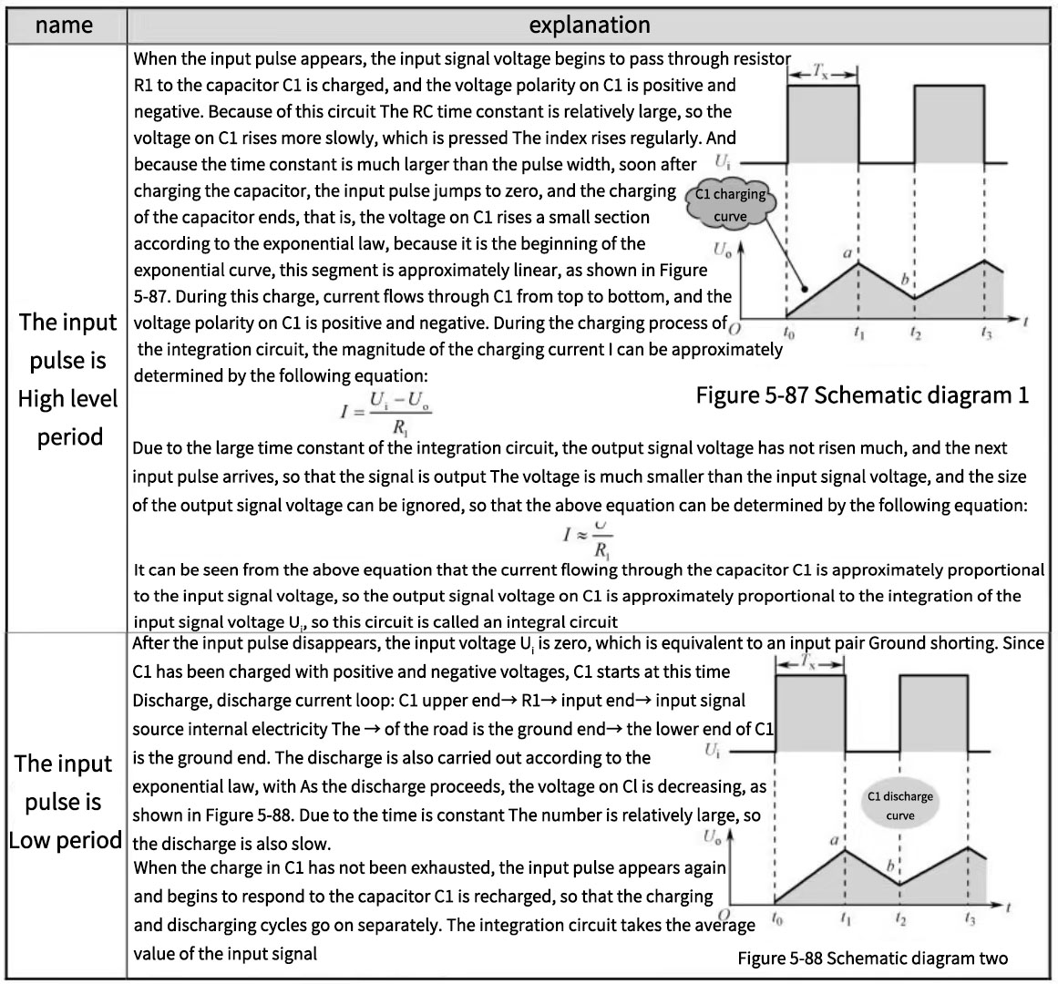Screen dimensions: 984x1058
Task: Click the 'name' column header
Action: pos(64,25)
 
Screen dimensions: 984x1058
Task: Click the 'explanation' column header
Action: pos(590,25)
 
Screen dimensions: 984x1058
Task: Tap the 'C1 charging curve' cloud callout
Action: pos(730,205)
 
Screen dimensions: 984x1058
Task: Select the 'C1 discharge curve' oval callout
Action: pos(899,805)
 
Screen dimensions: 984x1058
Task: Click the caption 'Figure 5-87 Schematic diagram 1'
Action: pos(862,395)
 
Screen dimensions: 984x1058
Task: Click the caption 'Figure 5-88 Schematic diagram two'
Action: pos(872,958)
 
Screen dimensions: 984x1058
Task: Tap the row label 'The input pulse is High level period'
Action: pos(67,379)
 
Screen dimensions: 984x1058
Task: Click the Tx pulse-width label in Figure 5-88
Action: pos(809,665)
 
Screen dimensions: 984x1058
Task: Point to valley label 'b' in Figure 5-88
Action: pos(893,869)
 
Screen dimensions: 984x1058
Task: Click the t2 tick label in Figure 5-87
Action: pos(915,335)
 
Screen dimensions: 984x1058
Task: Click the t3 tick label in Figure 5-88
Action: pos(970,920)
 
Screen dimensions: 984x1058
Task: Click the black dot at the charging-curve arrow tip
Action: pos(803,289)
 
